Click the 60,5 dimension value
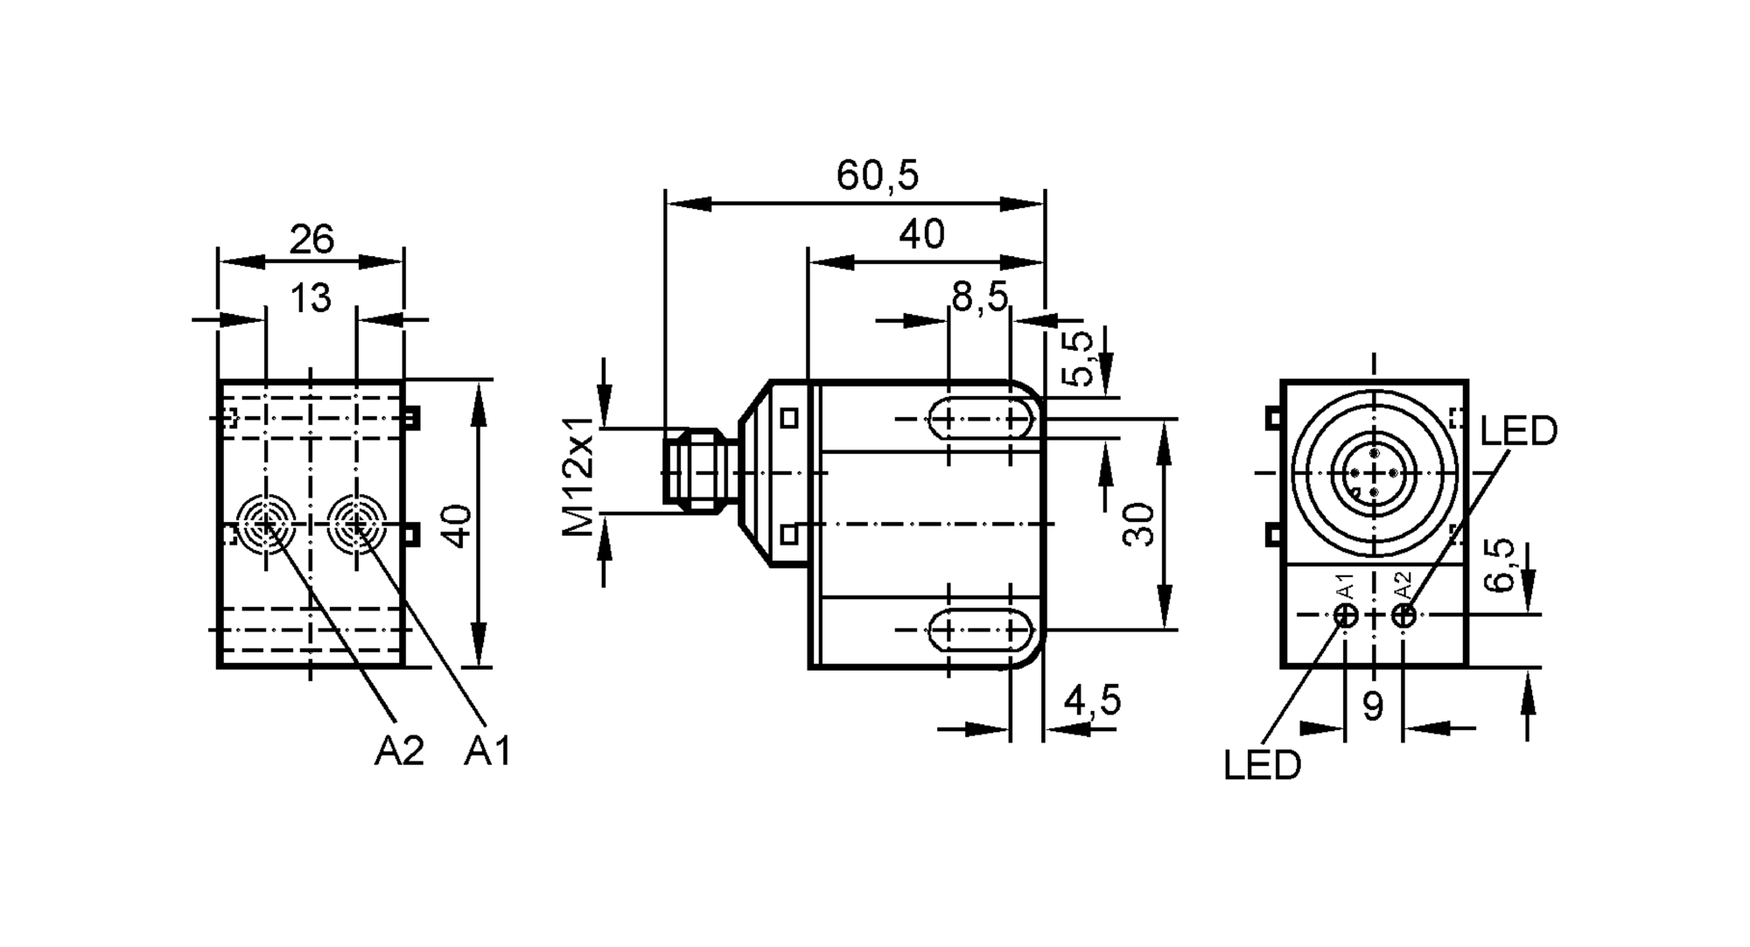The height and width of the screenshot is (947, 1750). coord(877,176)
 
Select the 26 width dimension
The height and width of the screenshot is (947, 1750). coord(311,239)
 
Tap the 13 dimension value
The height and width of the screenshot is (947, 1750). coord(311,298)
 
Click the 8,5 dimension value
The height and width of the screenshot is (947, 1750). coord(979,297)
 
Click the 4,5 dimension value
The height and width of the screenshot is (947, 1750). coord(1091,700)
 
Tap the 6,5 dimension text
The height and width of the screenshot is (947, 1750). coord(1500,565)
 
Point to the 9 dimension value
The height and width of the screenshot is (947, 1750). coord(1373,707)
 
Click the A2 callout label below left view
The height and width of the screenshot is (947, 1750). coord(399,751)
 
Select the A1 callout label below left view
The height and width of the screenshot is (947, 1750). coord(486,751)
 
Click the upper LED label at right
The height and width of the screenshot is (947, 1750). coord(1519,431)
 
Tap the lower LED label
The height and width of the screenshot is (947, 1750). coord(1262,766)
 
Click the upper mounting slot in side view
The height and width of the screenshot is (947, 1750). coord(980,419)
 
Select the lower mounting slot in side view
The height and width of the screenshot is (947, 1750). coord(980,629)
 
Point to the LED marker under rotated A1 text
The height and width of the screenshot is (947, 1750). coord(1347,616)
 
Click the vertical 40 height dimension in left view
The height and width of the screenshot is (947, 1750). coord(459,526)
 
